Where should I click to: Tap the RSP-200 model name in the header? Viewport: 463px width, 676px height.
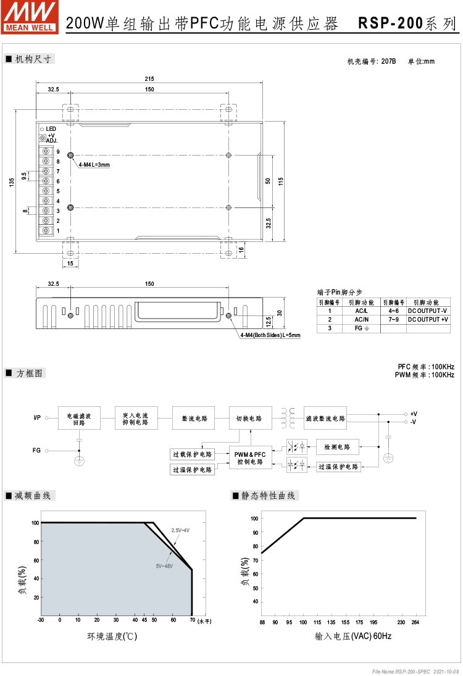point(390,23)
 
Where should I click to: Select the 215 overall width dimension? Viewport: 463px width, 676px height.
point(149,78)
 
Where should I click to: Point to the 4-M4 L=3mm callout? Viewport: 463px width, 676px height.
point(94,165)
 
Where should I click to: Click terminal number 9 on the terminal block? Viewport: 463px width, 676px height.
point(58,151)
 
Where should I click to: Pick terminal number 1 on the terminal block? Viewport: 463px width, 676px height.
point(58,230)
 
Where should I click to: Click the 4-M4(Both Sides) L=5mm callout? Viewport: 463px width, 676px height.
point(270,335)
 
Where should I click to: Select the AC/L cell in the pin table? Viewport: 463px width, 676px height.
point(361,311)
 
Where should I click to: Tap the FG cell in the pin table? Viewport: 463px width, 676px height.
point(361,328)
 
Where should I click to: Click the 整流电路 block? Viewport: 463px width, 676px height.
point(193,418)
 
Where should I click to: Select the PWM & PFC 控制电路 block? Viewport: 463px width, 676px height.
point(250,457)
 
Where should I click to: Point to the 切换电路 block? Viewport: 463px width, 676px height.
point(249,418)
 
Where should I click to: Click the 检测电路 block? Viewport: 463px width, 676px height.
point(337,447)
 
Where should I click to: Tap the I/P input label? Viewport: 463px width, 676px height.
point(37,418)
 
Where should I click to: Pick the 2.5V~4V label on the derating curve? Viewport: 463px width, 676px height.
point(180,530)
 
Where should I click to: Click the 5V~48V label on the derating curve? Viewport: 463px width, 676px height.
point(164,565)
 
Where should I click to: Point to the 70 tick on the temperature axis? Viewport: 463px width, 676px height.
point(192,620)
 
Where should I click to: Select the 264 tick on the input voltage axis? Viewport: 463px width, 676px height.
point(415,622)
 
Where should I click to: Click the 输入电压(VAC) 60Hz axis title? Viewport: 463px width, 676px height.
point(353,636)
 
